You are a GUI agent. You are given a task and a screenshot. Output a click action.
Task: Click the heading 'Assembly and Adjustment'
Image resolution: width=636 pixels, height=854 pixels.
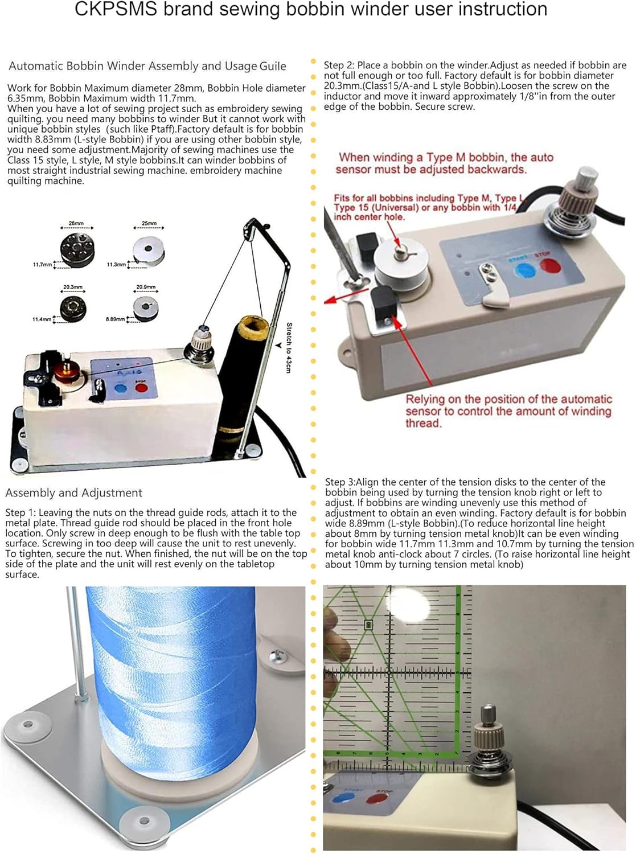[73, 493]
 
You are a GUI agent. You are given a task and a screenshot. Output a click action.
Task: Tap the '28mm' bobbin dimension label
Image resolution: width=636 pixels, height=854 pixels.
[76, 224]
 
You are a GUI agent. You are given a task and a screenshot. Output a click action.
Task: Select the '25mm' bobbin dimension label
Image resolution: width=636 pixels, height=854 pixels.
[149, 224]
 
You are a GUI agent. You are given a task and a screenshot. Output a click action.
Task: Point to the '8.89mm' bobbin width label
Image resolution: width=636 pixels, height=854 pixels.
[115, 319]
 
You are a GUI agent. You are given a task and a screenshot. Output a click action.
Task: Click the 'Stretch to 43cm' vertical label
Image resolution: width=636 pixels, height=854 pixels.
[289, 347]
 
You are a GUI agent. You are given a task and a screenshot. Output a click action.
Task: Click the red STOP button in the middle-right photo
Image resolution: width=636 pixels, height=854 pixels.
[549, 265]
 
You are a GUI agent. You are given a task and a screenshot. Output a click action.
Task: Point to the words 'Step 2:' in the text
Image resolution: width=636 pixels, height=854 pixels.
[339, 65]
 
